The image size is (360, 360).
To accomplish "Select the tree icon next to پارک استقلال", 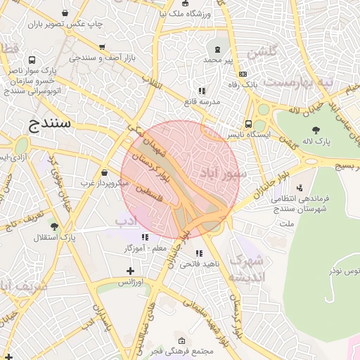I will [54, 226].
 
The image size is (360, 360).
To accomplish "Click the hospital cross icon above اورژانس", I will [129, 271].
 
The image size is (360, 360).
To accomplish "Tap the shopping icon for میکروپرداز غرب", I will [104, 172].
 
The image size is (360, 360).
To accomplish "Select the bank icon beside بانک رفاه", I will [243, 74].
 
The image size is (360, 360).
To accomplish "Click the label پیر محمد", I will [218, 60].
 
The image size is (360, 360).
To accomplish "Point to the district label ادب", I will [125, 222].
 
